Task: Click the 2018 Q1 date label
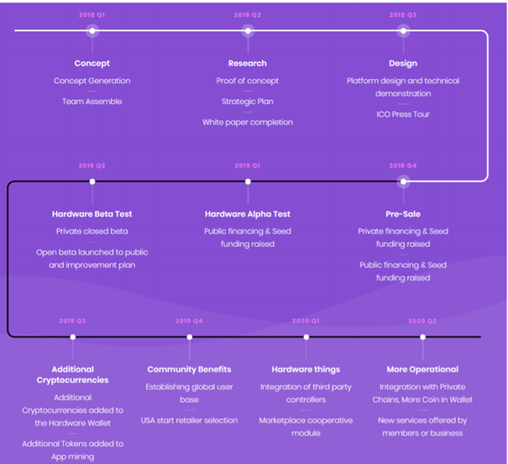[92, 15]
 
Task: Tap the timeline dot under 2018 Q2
[248, 31]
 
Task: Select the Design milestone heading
[403, 63]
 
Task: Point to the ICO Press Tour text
[403, 114]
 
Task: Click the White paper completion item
[248, 122]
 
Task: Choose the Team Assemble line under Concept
[92, 102]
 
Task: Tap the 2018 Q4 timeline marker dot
[403, 182]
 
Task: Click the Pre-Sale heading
[403, 214]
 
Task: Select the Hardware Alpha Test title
[248, 214]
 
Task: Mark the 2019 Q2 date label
[92, 166]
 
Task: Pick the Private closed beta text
[92, 231]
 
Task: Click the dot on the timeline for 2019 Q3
[73, 337]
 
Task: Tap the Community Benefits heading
[189, 369]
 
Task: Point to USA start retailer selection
[189, 420]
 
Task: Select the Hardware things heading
[306, 369]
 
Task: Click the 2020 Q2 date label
[422, 321]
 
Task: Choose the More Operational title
[422, 369]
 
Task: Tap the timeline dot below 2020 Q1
[306, 337]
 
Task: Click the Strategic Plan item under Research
[248, 102]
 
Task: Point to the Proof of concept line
[248, 81]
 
